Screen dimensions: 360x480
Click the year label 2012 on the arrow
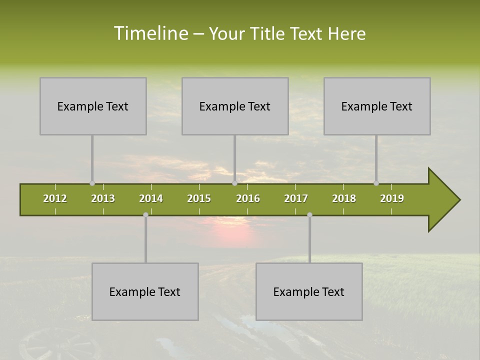[55, 198]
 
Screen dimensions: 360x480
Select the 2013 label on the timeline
[103, 198]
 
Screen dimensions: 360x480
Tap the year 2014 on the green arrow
[151, 198]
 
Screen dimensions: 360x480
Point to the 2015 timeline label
[199, 198]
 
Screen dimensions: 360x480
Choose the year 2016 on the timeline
[248, 198]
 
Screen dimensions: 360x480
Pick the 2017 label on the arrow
[296, 198]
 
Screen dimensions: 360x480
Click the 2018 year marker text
[344, 198]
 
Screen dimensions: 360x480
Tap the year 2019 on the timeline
[392, 198]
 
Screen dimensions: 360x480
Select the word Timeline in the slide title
[150, 33]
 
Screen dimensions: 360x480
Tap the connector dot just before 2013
[92, 183]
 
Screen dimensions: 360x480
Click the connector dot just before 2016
[234, 183]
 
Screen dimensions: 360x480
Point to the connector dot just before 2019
[376, 183]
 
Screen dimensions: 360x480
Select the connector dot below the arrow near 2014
[145, 215]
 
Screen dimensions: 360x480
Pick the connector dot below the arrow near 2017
[309, 215]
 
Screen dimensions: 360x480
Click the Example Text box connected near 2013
[93, 106]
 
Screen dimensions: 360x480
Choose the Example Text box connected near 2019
[377, 106]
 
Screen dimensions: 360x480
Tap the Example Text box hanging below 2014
[145, 291]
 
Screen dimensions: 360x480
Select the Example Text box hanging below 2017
[309, 291]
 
